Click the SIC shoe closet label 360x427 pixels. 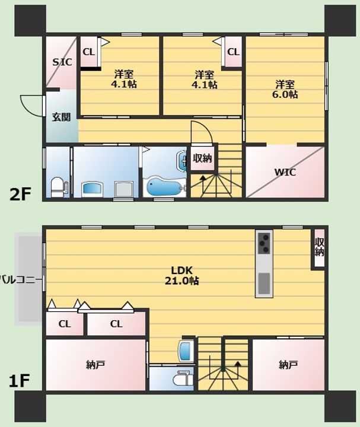point(62,62)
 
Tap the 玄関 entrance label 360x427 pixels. point(61,117)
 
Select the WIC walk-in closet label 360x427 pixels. point(285,173)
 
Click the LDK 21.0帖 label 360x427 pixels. point(182,275)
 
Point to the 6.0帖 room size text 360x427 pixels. point(285,94)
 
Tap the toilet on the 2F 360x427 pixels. point(57,187)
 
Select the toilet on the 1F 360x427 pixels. point(183,378)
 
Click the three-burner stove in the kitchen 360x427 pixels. point(264,243)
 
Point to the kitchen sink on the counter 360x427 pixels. point(264,283)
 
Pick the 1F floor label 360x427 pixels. point(19,381)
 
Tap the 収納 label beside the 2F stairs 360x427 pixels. point(202,158)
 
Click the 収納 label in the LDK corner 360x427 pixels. point(319,247)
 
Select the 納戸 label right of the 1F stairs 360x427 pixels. point(288,365)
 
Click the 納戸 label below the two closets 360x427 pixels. point(95,365)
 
